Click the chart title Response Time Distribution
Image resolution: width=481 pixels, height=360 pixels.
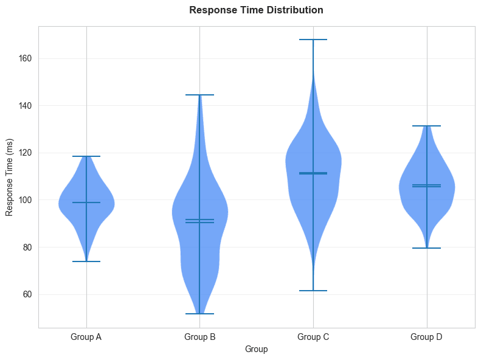256,10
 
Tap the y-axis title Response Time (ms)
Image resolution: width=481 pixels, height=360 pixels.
10,177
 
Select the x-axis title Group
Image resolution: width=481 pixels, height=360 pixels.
256,349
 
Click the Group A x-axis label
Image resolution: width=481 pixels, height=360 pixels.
86,336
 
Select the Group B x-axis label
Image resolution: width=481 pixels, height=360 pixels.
199,336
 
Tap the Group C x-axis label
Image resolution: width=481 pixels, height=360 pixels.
313,336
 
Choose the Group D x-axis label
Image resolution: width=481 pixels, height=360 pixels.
426,336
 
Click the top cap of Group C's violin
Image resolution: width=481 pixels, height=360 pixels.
313,40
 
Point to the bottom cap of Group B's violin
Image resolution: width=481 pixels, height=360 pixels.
199,314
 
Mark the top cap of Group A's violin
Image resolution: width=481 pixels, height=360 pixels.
86,156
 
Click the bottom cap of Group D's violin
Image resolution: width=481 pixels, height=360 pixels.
426,248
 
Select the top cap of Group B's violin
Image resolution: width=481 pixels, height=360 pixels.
199,95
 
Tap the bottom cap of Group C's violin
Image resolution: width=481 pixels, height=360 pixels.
313,291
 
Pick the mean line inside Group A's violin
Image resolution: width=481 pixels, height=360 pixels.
86,202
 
